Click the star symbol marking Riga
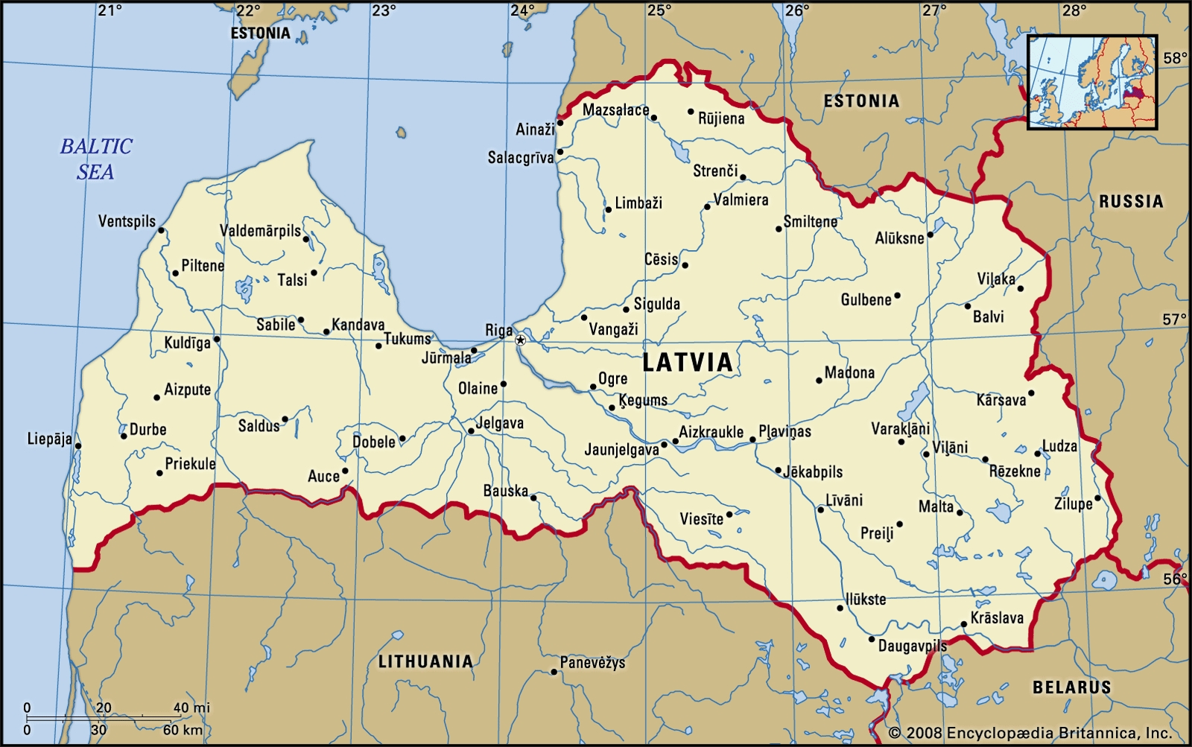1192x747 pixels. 520,340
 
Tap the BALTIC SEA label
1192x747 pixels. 96,159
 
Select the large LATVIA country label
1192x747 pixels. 688,363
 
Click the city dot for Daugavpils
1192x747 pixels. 872,639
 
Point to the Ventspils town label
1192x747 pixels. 127,221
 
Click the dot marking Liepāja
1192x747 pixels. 78,446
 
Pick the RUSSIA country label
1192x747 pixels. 1130,201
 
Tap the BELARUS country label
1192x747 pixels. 1071,687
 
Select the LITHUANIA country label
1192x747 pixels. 425,661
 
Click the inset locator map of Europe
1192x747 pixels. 1091,82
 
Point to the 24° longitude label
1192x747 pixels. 522,10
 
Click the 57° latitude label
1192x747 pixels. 1174,320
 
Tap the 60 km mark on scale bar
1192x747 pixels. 183,730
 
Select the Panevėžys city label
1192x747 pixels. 592,662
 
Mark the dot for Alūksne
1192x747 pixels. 930,235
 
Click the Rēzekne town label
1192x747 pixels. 1015,471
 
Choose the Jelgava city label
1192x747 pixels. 499,423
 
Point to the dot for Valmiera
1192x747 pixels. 707,206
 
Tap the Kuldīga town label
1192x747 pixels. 187,343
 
